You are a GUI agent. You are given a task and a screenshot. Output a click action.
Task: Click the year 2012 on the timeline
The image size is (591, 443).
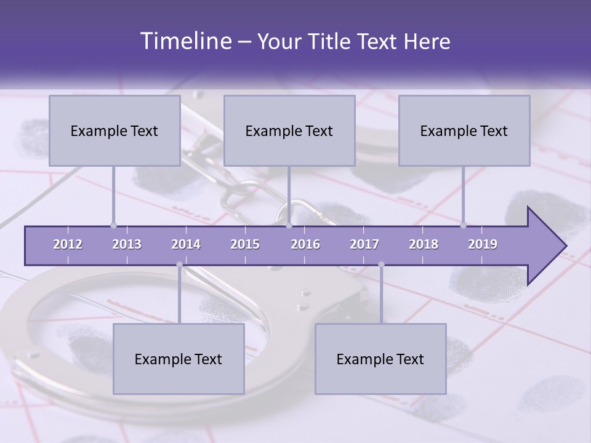point(68,244)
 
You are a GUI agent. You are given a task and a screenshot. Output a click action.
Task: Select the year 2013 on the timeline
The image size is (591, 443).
point(127,244)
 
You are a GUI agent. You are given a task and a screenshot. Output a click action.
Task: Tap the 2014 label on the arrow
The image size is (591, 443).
point(186,244)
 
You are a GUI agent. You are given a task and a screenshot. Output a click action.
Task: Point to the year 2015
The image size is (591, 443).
point(245,244)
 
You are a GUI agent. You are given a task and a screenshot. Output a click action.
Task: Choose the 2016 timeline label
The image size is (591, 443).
point(305,244)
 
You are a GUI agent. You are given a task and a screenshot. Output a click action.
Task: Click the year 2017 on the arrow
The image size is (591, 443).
point(364,244)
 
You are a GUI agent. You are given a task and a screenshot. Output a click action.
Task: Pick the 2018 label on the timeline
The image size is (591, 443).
point(424,244)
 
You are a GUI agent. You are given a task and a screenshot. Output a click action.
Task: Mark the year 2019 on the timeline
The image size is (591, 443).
point(483,244)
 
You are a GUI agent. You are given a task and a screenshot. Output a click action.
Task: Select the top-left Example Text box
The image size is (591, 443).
point(115,130)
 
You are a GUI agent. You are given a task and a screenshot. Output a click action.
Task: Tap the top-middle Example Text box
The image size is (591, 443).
point(289,130)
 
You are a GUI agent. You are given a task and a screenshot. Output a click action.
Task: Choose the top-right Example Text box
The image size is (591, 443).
point(464,130)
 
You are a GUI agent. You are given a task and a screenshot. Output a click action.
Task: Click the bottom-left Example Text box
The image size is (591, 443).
point(179,359)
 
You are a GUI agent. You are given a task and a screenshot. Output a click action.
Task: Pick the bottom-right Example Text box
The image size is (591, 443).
point(380,359)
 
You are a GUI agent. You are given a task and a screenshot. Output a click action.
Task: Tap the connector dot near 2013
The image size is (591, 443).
point(113,225)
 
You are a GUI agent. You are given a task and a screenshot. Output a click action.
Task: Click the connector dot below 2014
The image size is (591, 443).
point(179,265)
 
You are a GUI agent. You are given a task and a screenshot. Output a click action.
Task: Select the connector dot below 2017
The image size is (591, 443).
point(381,265)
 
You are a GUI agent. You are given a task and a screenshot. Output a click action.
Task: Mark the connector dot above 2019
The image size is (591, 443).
point(463,225)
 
